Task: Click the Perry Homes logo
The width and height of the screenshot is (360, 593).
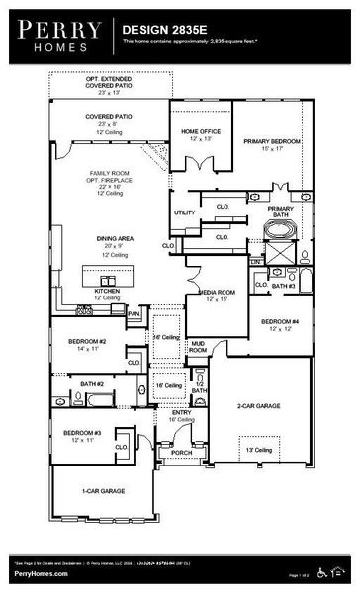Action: pyautogui.click(x=57, y=32)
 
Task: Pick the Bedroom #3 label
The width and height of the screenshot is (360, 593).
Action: pyautogui.click(x=82, y=434)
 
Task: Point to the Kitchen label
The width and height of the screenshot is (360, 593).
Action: pyautogui.click(x=107, y=292)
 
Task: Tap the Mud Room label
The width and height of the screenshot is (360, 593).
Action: pyautogui.click(x=198, y=348)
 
